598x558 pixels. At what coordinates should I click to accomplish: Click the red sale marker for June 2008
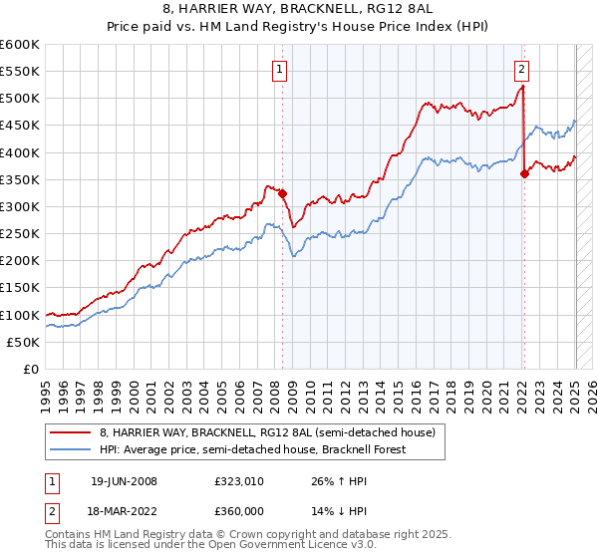point(282,193)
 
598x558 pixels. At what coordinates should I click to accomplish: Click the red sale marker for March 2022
point(525,173)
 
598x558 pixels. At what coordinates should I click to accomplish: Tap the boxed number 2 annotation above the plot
point(521,70)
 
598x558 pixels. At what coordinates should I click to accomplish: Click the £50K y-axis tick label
point(23,342)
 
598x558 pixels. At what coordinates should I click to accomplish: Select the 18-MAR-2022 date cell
point(124,513)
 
